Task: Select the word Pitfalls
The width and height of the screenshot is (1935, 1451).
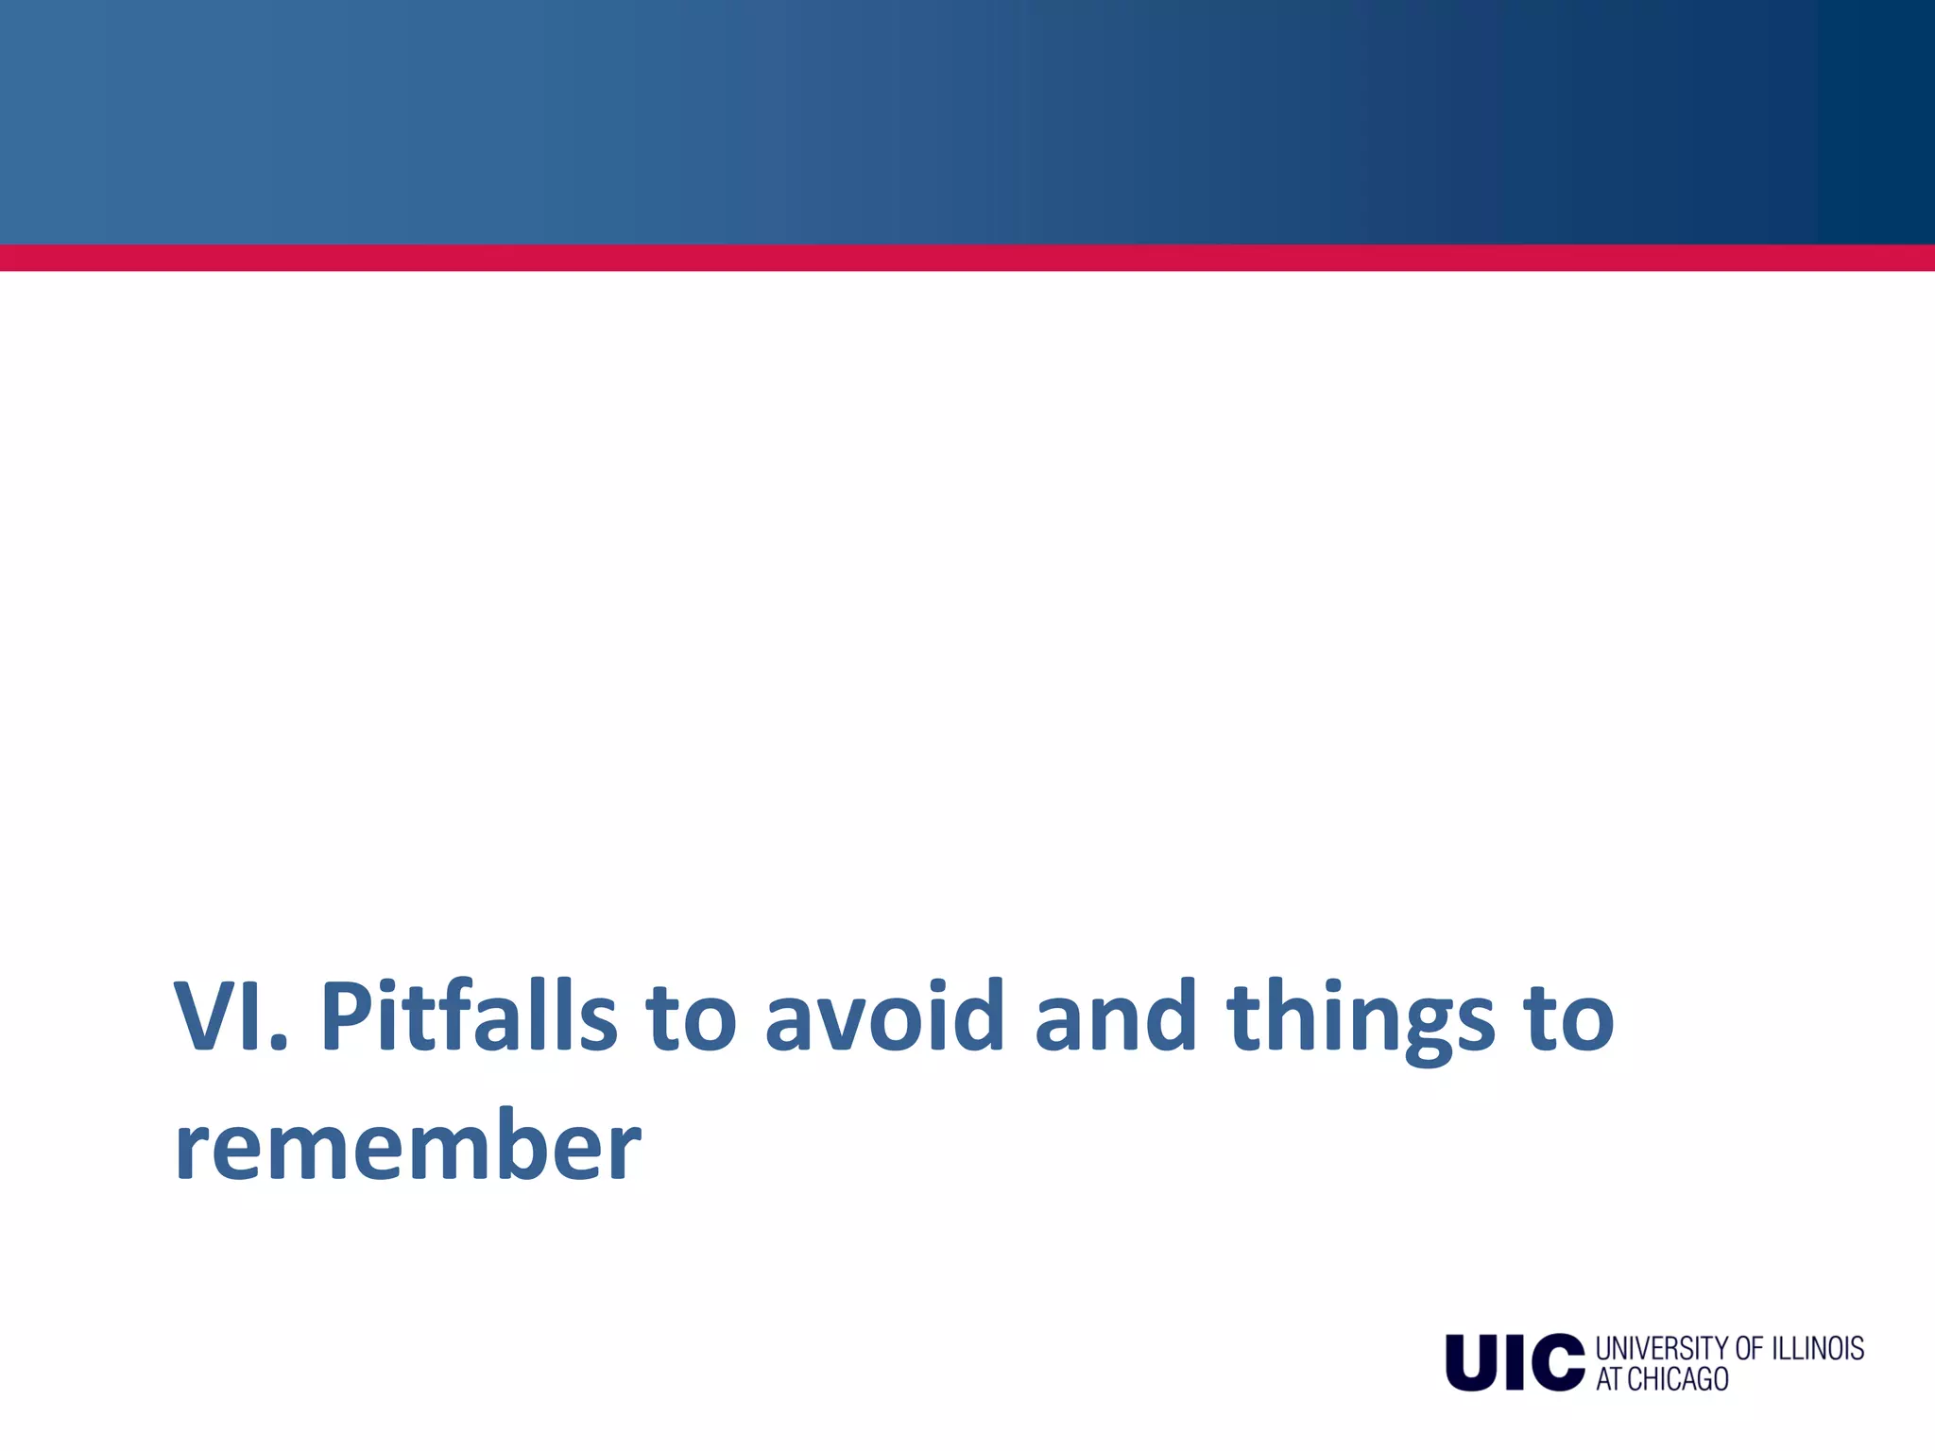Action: tap(468, 1017)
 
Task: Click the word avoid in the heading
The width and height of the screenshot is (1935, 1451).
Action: tap(884, 1017)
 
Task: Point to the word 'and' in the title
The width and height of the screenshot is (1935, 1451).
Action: tap(1115, 1017)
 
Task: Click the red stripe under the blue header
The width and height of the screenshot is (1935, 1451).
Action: tap(967, 258)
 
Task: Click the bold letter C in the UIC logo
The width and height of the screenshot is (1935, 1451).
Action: tap(1557, 1362)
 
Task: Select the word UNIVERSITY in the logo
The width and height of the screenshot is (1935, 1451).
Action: tap(1661, 1348)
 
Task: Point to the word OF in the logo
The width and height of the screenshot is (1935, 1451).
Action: tap(1750, 1348)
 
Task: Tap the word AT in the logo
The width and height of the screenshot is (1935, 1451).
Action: tap(1609, 1379)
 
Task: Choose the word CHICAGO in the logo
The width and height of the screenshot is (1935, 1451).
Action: tap(1678, 1379)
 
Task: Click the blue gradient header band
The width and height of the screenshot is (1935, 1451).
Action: tap(967, 121)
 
